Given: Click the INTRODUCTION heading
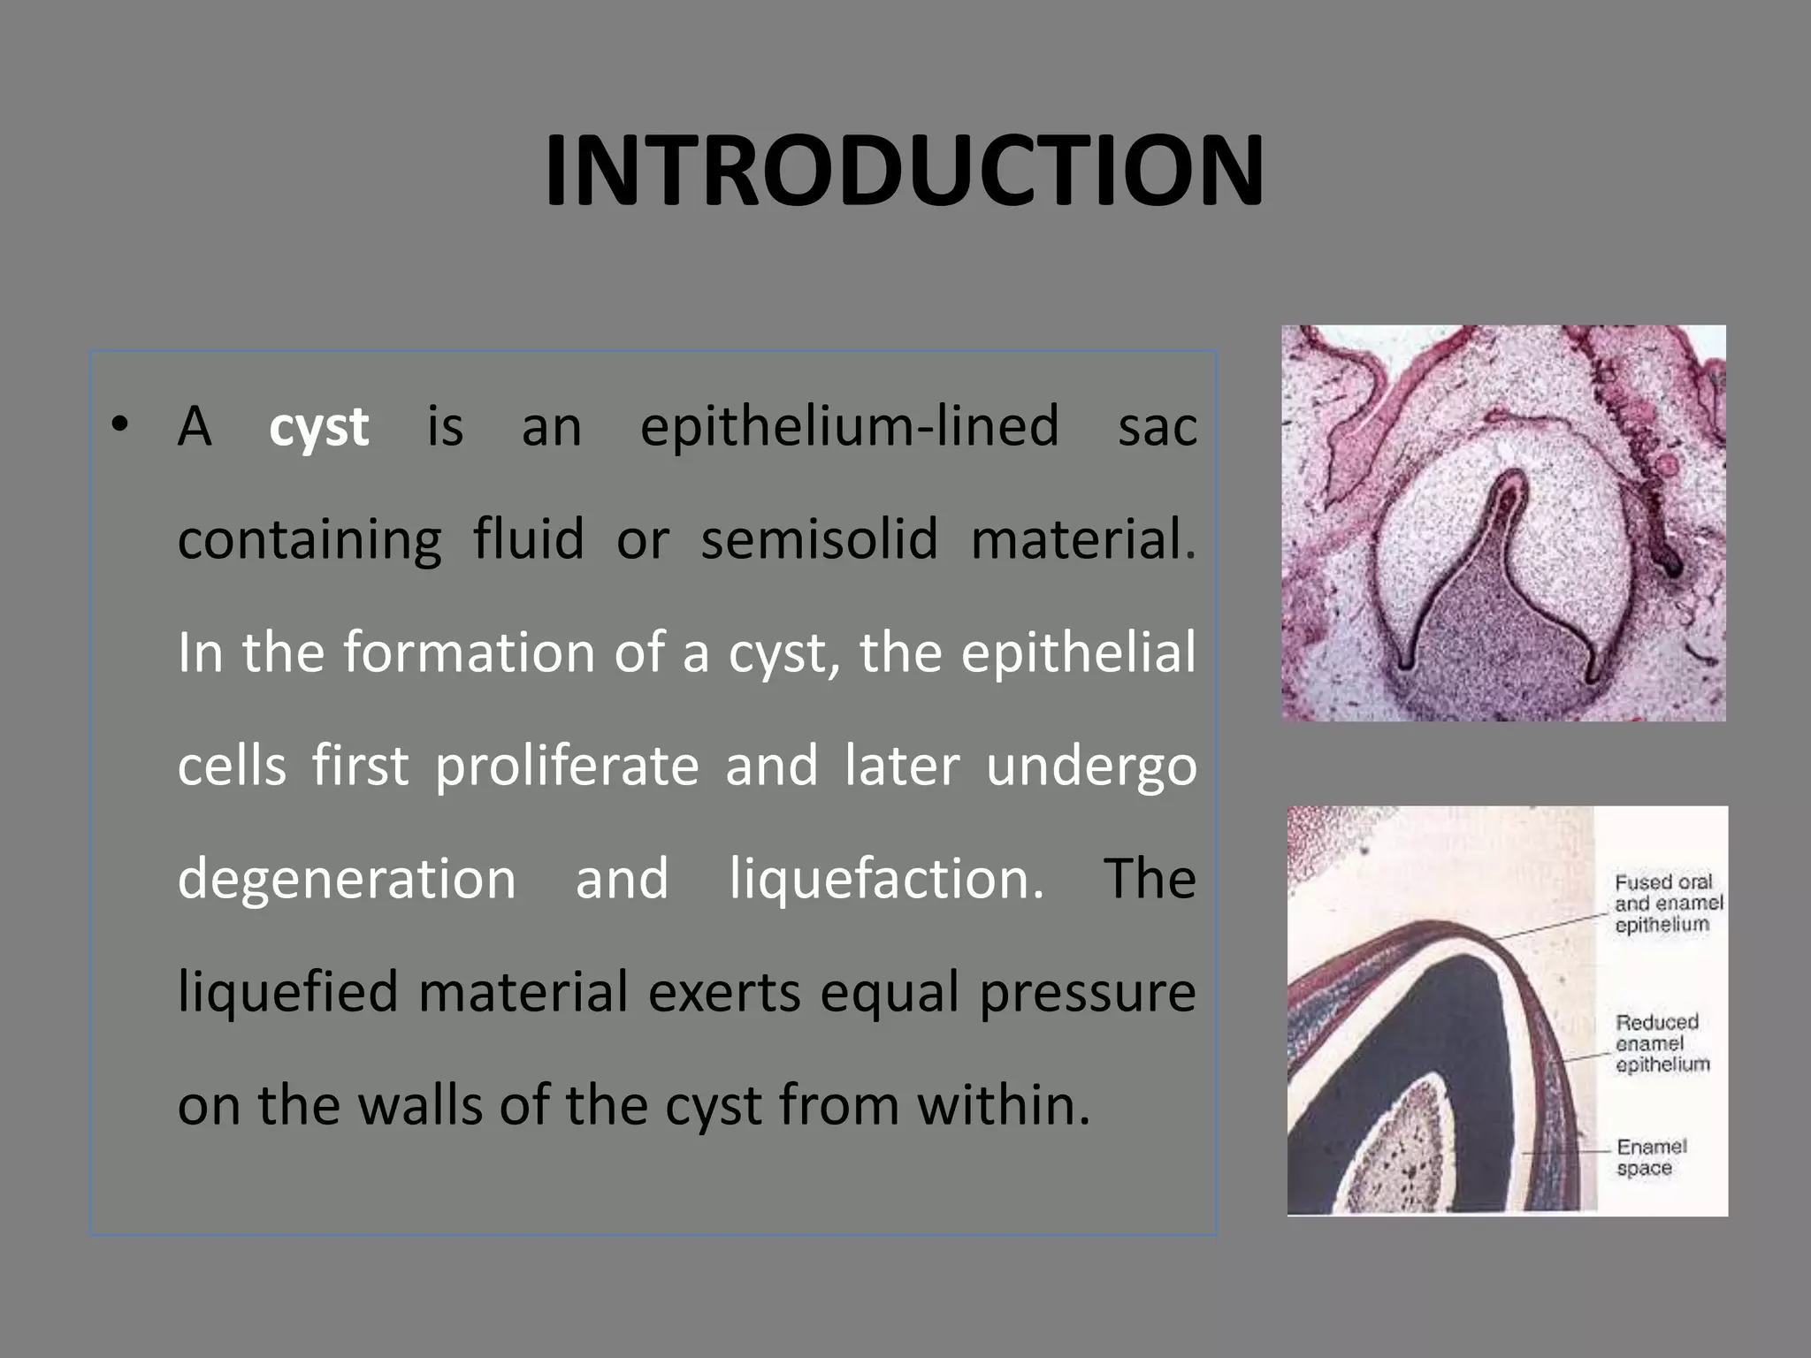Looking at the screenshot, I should [904, 171].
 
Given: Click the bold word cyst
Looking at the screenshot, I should [318, 428].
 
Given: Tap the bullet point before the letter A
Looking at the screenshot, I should [120, 423].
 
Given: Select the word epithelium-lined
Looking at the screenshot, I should [849, 426].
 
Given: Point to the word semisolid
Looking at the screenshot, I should [819, 539].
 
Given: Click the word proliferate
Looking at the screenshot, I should [567, 766].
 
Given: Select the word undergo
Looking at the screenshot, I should [1091, 766].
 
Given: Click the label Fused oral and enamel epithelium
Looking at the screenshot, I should [1668, 903].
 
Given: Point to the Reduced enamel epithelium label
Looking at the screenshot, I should [1662, 1042].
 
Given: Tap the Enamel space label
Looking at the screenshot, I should [1651, 1157].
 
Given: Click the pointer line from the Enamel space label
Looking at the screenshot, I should [1565, 1152].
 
